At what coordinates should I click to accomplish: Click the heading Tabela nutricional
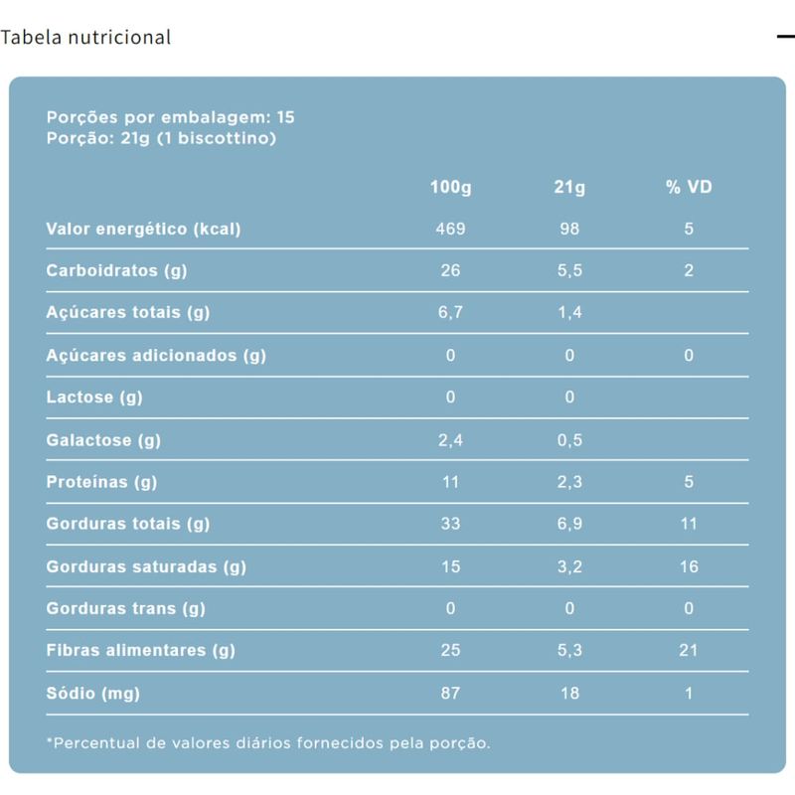(x=85, y=38)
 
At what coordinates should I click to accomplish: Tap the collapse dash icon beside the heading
(x=785, y=37)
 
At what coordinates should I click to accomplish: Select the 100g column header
(x=450, y=187)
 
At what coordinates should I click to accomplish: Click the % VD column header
(x=689, y=187)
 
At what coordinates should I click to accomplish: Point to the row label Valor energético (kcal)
(x=143, y=230)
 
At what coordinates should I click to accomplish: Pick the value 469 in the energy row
(x=450, y=230)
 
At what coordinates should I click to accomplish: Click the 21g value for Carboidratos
(x=569, y=271)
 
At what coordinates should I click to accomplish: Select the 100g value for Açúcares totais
(x=450, y=314)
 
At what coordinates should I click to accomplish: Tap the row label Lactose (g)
(x=94, y=398)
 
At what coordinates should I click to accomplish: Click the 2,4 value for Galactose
(x=450, y=440)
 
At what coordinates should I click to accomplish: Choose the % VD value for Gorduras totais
(x=689, y=525)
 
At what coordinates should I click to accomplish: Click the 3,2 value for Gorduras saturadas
(x=569, y=567)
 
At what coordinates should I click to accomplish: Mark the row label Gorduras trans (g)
(x=125, y=609)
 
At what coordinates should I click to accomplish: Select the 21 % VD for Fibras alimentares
(x=689, y=651)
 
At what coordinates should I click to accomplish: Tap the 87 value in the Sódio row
(x=450, y=694)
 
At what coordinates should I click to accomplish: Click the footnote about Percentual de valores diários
(x=268, y=743)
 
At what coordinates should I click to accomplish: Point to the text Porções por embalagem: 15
(x=170, y=117)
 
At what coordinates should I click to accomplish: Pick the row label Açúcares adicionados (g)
(x=156, y=356)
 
